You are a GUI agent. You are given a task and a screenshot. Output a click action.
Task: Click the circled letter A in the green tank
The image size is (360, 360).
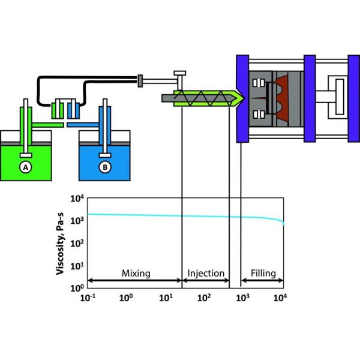coord(26,167)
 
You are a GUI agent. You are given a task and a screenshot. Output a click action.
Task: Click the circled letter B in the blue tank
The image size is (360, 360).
coord(106,167)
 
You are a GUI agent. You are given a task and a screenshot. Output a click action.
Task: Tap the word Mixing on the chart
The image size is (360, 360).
coord(136,274)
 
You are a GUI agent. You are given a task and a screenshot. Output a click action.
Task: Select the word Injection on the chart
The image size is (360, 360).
coord(206,274)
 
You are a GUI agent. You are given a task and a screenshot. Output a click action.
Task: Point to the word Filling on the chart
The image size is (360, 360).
coord(263,274)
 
